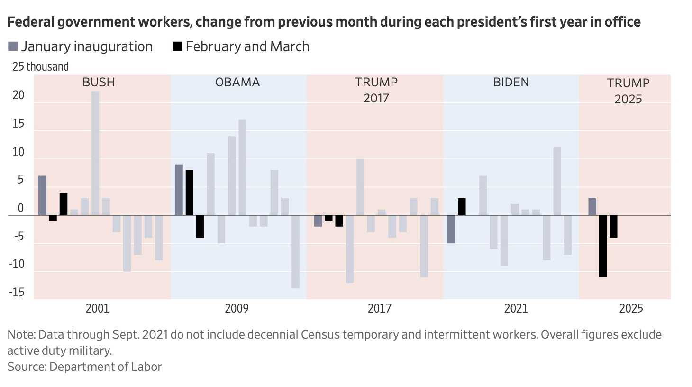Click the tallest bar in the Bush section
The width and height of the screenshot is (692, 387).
pos(95,153)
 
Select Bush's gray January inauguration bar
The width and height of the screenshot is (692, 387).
pos(42,195)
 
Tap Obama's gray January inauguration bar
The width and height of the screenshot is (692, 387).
pos(179,190)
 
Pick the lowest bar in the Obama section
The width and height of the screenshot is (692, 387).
pos(295,251)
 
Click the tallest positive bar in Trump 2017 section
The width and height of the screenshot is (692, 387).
pos(360,187)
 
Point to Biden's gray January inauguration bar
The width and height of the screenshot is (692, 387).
pos(451,229)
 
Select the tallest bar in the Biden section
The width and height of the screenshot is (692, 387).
pos(557,181)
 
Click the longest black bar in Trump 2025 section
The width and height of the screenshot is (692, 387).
pos(603,246)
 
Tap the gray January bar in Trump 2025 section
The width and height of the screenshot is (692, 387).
pos(592,207)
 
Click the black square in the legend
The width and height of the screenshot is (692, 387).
pos(177,46)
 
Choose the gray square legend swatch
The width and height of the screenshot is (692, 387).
pos(13,46)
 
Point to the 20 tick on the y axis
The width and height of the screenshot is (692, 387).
pos(18,95)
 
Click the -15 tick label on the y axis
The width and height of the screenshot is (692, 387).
pos(17,292)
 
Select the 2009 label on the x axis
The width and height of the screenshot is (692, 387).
pos(237,309)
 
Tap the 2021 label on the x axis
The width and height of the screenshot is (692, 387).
pos(516,309)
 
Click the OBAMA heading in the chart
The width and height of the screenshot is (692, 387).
pos(237,83)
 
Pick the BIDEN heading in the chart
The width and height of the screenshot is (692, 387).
pos(511,83)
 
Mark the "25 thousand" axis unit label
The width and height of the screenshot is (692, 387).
pos(41,67)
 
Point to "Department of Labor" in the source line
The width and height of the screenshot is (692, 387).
pos(105,367)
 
